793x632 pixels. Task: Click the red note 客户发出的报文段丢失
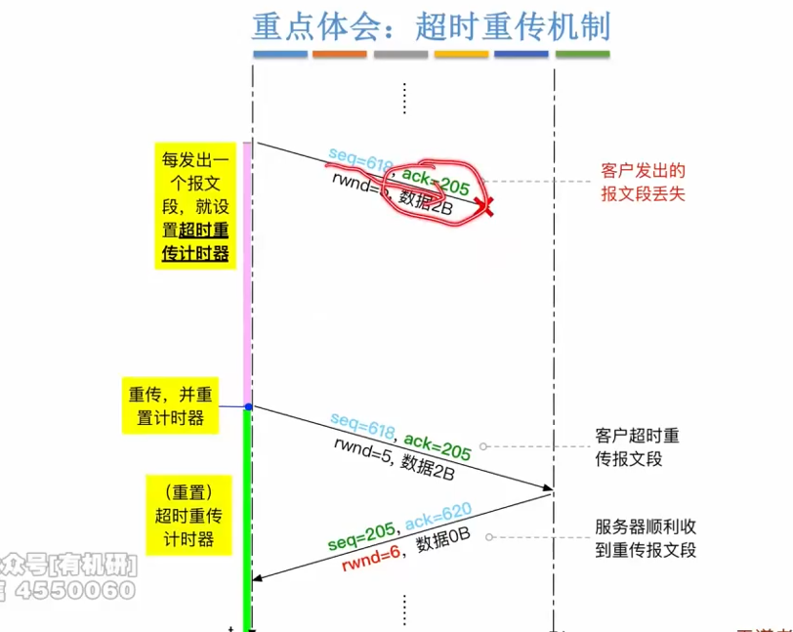point(644,183)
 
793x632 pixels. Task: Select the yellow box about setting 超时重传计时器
point(194,206)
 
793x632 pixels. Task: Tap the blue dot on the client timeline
point(248,406)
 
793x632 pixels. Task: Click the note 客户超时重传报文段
point(638,446)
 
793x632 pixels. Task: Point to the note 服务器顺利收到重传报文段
point(645,538)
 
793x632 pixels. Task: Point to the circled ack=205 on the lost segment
point(436,182)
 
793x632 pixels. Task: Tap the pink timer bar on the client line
point(248,274)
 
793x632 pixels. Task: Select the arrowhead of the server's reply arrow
point(259,579)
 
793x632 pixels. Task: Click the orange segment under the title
point(340,54)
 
